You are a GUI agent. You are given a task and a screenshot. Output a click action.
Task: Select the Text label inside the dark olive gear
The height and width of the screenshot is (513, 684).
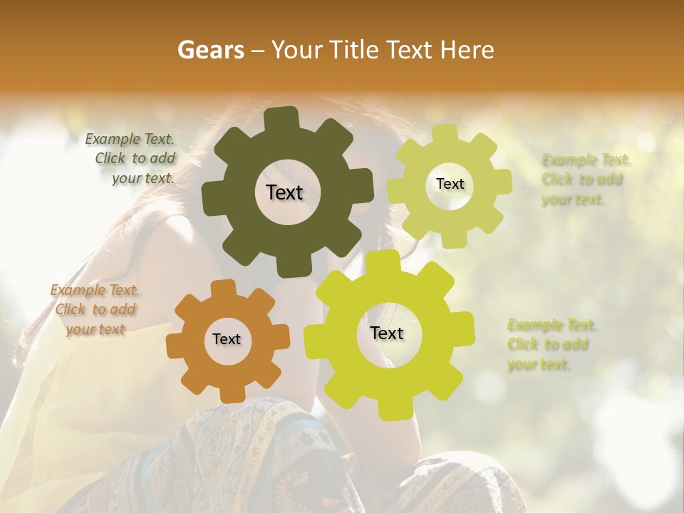coord(284,192)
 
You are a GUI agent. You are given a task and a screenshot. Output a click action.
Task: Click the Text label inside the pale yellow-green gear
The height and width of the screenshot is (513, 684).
coord(450,184)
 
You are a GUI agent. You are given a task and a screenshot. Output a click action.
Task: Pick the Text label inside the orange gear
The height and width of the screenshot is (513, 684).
coord(227,340)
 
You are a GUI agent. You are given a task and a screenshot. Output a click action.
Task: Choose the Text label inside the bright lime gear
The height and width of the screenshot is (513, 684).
coord(387,333)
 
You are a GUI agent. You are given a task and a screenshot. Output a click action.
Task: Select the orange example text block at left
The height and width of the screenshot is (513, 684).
coord(95,309)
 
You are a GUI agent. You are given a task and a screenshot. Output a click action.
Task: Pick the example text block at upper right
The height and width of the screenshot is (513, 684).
coord(586,179)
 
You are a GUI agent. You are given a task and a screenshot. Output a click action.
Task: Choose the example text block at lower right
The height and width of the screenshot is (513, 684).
coord(551,345)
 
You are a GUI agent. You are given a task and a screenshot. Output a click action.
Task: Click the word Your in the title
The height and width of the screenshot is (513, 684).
coord(296,50)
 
